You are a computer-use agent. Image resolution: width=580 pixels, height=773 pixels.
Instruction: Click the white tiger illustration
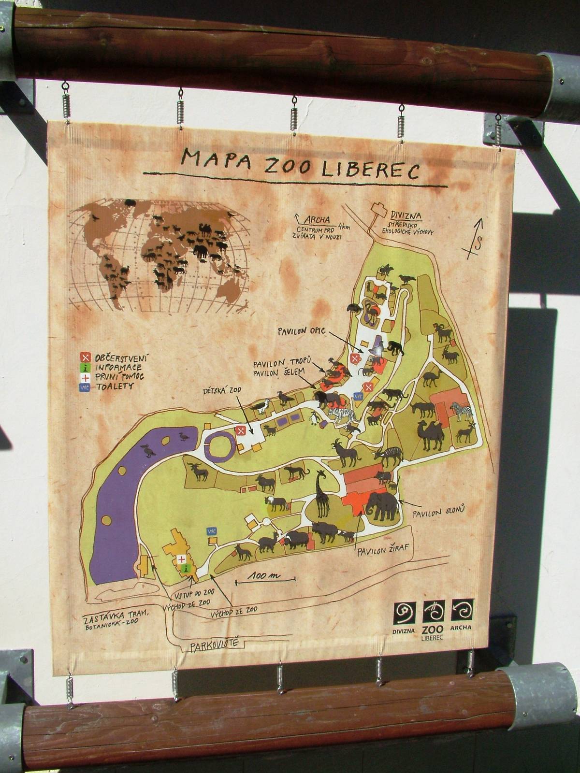(342, 415)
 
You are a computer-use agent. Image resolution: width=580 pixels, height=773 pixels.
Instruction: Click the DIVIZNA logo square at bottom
(405, 613)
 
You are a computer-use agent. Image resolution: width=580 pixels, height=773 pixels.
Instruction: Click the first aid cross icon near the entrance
(182, 559)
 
